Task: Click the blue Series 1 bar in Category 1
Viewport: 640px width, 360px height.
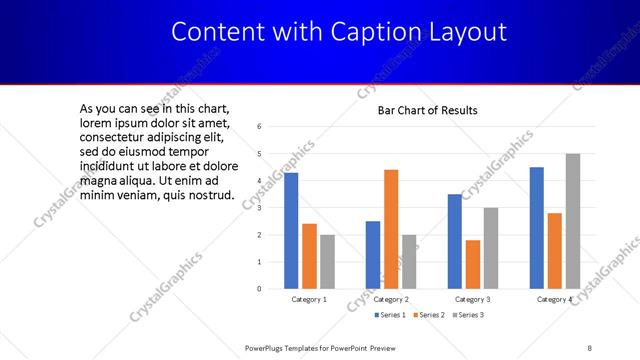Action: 291,231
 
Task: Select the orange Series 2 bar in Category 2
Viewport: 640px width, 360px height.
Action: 391,229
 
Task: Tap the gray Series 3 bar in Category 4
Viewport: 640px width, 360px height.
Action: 572,221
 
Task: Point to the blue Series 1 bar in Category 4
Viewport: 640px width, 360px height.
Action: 536,228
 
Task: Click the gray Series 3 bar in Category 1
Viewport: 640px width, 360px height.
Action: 327,262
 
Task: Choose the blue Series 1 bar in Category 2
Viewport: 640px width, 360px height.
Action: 373,255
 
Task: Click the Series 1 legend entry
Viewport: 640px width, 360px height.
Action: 391,316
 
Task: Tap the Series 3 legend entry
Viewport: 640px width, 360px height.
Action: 470,316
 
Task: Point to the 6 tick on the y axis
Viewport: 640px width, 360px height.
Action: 259,127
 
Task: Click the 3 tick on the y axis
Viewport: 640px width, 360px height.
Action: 259,208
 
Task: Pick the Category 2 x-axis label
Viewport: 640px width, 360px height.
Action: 391,300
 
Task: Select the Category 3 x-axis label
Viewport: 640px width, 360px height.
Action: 472,300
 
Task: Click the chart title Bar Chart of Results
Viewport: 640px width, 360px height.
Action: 427,110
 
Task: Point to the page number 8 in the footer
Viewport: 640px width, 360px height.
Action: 589,347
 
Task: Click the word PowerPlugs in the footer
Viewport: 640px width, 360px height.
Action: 267,347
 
